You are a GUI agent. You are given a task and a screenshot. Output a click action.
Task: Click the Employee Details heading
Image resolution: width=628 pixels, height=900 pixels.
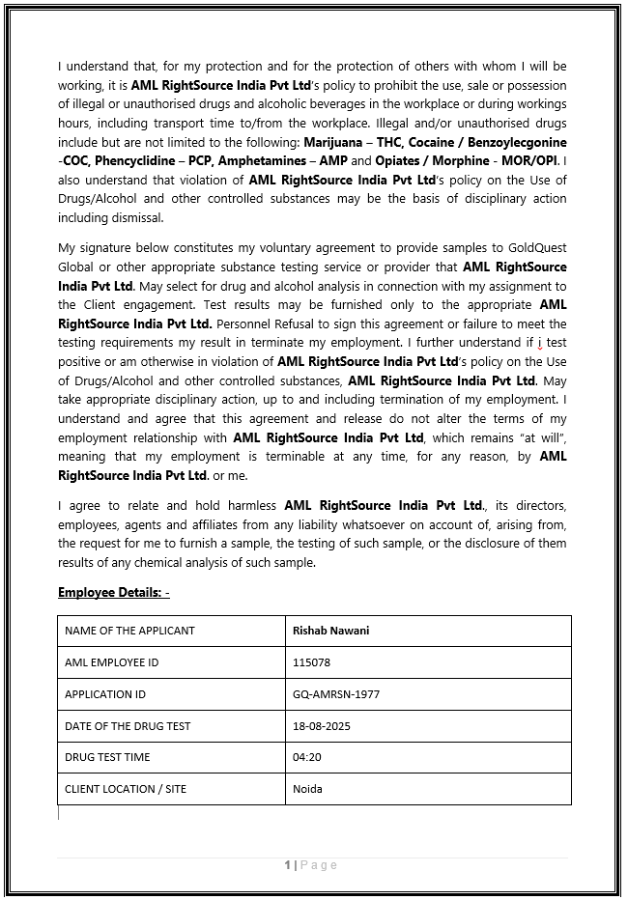coord(114,592)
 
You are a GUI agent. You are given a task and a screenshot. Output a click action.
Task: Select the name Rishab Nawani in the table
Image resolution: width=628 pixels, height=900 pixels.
coord(330,631)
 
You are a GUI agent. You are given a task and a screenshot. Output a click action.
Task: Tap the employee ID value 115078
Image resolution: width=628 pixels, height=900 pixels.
coord(311,662)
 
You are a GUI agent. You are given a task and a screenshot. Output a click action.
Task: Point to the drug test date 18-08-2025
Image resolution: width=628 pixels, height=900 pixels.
coord(323,726)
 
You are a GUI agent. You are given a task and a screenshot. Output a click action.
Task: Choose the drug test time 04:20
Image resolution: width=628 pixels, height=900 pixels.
coord(306,757)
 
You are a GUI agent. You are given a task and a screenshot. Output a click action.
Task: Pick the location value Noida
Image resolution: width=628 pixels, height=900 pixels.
coord(307,789)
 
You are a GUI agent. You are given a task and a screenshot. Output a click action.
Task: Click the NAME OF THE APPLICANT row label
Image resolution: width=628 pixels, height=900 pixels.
coord(129,631)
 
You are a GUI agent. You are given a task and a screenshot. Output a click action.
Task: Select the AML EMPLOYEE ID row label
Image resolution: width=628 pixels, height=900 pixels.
coord(111,662)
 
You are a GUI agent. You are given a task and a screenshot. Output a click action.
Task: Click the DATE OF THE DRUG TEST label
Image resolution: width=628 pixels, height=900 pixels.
coord(128,726)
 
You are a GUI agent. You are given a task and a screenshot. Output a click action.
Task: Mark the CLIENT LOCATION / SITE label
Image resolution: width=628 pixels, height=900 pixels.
coord(126,789)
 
